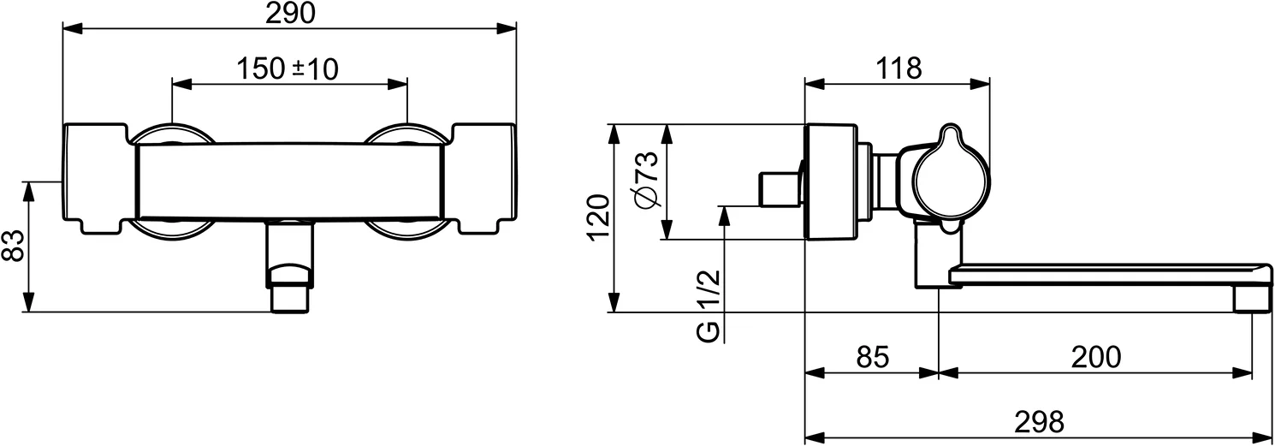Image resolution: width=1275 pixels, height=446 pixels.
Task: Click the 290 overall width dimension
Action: (x=291, y=13)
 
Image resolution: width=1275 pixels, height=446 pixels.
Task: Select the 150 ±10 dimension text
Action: (x=287, y=69)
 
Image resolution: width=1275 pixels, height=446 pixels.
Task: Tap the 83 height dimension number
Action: (x=13, y=247)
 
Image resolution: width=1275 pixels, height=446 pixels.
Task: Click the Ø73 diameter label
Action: (x=648, y=179)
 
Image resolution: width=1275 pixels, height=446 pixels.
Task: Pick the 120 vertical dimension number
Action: (x=600, y=217)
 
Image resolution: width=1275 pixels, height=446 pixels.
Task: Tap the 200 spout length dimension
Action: (x=1095, y=357)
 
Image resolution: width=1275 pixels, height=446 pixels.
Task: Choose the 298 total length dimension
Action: (x=1039, y=421)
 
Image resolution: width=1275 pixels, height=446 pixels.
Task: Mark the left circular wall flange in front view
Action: (x=172, y=136)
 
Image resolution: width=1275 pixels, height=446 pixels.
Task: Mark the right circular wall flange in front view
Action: (x=406, y=136)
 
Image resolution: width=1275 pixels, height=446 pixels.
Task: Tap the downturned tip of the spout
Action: (x=1251, y=298)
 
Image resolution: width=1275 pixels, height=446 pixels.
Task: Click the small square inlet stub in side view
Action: (x=777, y=189)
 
